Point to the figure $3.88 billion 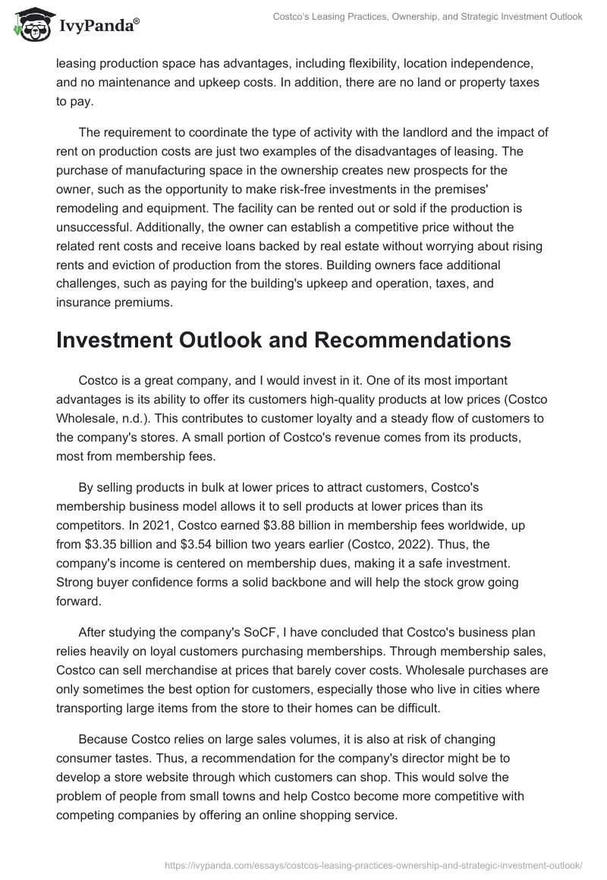303,524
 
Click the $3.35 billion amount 113,542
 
